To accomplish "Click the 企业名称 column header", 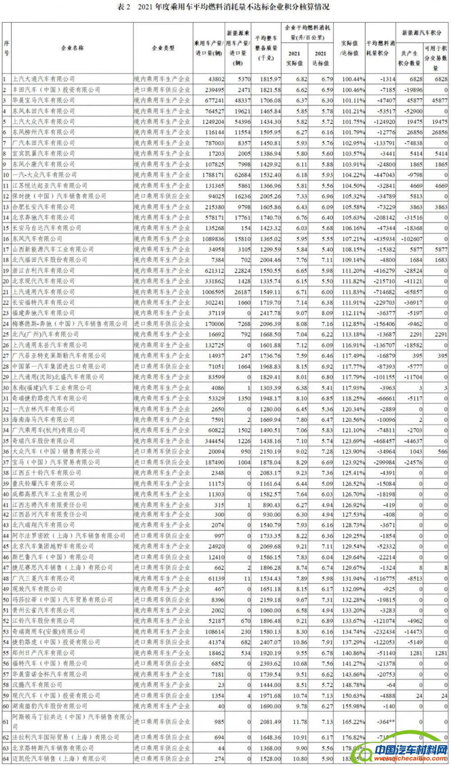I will tap(72, 48).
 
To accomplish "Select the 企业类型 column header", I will tap(163, 48).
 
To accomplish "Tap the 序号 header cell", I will tap(6, 48).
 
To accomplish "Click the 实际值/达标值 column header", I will tap(349, 48).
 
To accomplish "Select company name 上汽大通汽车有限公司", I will tap(43, 79).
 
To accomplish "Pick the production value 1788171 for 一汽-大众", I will tap(209, 175).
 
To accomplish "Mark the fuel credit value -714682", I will tap(380, 292).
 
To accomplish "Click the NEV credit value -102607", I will tap(410, 239).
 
